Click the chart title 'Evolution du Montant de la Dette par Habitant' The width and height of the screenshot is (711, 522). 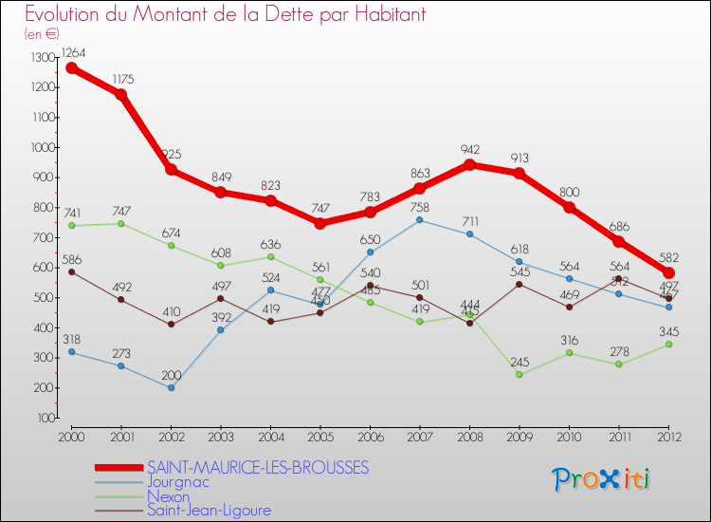pos(225,14)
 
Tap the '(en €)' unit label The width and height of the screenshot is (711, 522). pos(42,34)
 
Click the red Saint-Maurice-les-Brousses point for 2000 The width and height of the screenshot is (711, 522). pos(71,68)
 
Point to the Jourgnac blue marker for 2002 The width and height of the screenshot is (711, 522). pos(171,387)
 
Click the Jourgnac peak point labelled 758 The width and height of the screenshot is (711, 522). pos(420,220)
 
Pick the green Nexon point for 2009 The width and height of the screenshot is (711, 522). pos(520,374)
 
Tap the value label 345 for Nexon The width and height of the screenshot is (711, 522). pos(668,331)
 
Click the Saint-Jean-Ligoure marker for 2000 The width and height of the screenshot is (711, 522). pos(71,271)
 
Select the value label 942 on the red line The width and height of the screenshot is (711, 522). pos(469,150)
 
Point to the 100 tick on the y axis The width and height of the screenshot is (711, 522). pos(46,418)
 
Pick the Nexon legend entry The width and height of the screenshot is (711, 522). pos(168,496)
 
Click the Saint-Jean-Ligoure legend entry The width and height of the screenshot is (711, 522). pos(209,511)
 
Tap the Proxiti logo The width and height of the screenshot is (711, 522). pos(602,479)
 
